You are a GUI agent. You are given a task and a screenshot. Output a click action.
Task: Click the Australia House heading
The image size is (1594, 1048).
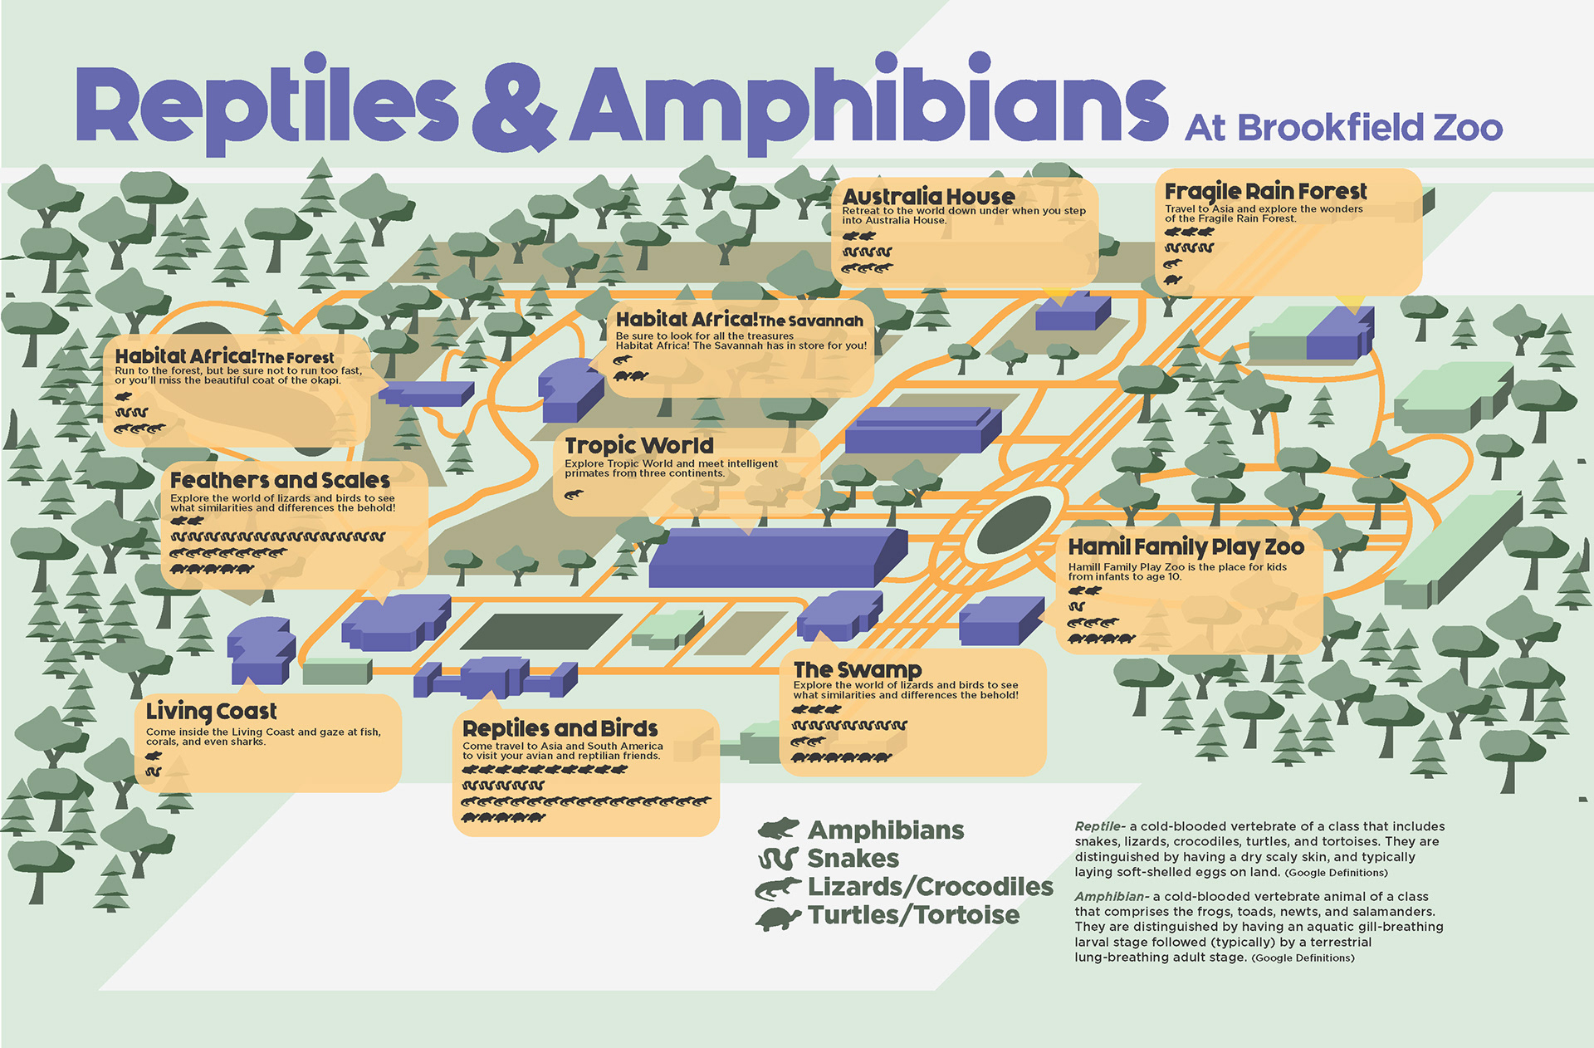click(x=928, y=197)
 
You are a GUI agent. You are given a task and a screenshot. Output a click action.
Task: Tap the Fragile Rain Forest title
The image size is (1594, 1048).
click(x=1264, y=191)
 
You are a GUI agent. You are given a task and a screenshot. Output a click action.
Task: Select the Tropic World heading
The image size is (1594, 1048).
click(x=638, y=446)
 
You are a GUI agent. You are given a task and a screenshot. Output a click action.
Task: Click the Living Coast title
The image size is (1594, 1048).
click(x=211, y=712)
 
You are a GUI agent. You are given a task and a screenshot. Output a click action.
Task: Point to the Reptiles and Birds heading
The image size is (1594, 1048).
click(x=560, y=729)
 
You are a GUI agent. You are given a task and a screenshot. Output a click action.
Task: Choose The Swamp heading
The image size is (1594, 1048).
click(x=857, y=670)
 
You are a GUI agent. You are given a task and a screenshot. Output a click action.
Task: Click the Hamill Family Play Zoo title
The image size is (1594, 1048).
click(x=1186, y=547)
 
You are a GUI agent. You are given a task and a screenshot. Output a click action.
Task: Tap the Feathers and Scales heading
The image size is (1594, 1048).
click(x=280, y=481)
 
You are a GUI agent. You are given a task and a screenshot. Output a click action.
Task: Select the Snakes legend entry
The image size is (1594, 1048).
click(x=853, y=859)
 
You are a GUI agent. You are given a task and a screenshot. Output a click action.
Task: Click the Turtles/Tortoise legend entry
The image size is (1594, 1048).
click(x=913, y=915)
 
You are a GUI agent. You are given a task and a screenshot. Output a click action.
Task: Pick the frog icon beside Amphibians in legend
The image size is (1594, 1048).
click(x=778, y=829)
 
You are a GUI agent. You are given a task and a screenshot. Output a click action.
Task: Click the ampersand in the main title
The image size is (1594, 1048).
click(x=514, y=108)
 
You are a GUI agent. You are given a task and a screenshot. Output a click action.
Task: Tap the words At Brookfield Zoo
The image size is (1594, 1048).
click(x=1343, y=129)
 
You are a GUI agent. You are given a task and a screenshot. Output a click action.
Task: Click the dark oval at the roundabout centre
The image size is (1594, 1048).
click(x=1015, y=524)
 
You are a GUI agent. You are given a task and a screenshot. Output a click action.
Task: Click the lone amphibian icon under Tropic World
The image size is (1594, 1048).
click(x=574, y=494)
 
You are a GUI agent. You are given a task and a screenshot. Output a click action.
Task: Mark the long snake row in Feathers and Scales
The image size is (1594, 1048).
click(x=277, y=536)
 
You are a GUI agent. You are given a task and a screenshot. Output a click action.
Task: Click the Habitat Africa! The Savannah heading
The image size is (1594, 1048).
click(x=739, y=320)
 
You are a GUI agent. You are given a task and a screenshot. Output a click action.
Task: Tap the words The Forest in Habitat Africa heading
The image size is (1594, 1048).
click(x=296, y=358)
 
